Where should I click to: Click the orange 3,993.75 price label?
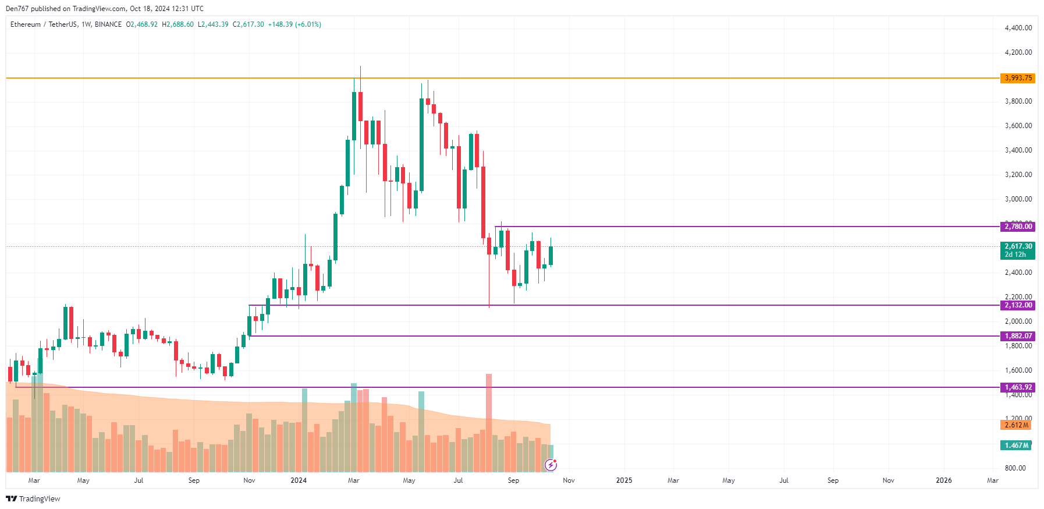pos(1017,78)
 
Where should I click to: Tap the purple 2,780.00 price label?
pos(1017,227)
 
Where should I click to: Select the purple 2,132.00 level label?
pos(1017,305)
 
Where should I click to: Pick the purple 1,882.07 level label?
pos(1017,336)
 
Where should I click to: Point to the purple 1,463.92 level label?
pos(1017,387)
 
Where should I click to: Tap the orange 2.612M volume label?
pos(1015,425)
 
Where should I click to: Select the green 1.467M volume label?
pos(1015,446)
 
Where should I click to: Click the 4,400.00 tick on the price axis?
pos(1018,28)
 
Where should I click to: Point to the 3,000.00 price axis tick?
pos(1018,199)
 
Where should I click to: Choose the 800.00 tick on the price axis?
pos(1015,468)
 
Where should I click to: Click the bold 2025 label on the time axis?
pos(624,480)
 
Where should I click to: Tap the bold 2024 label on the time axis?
pos(299,480)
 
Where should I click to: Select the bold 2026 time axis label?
pos(943,480)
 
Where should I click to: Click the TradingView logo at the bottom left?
pos(33,499)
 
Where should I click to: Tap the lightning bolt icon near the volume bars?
pos(551,465)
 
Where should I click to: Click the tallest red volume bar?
pos(489,422)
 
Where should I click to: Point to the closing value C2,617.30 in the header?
pos(248,24)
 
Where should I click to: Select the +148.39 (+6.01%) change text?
pos(294,24)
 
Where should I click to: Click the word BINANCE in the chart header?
pos(108,24)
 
